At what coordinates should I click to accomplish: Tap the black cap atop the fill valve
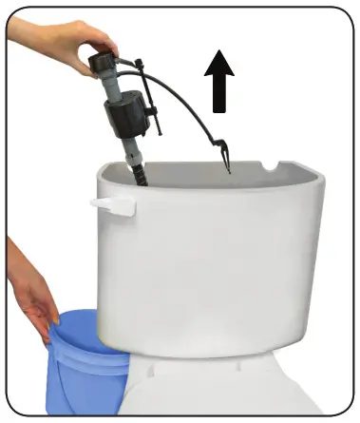pyautogui.click(x=100, y=66)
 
